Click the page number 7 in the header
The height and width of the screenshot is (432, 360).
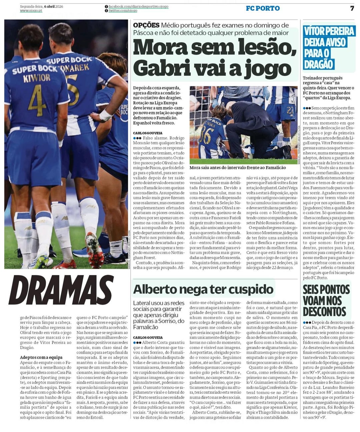352,8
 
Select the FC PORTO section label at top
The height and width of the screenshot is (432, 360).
263,8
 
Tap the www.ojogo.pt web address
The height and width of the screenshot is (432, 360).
31,11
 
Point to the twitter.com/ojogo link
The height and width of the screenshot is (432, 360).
123,11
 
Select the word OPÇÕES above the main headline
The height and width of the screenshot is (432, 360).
146,25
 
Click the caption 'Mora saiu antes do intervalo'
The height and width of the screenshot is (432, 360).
237,168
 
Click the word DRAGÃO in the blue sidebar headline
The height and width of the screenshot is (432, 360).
318,64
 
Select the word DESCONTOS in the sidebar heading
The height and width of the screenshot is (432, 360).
324,312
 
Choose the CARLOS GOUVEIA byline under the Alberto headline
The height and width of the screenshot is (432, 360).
148,337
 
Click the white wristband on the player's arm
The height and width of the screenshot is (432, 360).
106,115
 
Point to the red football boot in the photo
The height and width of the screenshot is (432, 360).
94,250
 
